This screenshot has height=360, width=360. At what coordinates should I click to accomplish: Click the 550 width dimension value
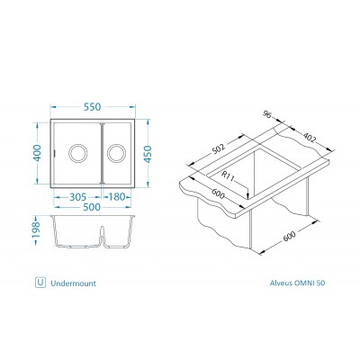tap(92, 107)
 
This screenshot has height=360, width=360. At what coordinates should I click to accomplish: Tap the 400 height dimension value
tap(37, 153)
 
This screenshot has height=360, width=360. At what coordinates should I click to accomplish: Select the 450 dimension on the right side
tap(148, 154)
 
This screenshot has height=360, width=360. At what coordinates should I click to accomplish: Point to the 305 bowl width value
tap(78, 197)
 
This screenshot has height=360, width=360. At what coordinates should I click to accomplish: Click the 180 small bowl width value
tap(116, 197)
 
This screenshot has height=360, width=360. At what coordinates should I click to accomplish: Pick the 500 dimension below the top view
tap(92, 207)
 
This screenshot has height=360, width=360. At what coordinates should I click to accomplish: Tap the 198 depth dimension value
tap(36, 229)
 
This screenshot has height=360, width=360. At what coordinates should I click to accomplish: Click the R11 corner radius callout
tap(229, 176)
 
